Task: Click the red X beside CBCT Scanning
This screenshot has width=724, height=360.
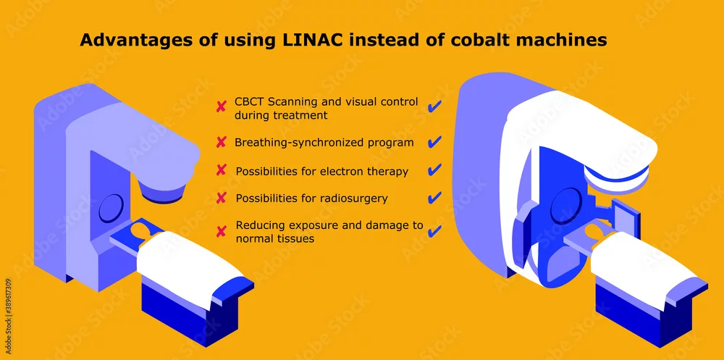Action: click(221, 108)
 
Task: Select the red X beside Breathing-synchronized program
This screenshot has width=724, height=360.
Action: click(221, 143)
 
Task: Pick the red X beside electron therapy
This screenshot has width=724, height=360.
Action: click(221, 170)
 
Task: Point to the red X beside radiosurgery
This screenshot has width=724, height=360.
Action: click(221, 198)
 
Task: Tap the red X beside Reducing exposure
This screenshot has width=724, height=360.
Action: click(221, 231)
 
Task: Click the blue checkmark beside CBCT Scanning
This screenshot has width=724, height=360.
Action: click(434, 106)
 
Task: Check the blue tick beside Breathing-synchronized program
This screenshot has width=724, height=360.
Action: click(434, 141)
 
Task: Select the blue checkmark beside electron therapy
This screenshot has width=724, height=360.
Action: click(434, 169)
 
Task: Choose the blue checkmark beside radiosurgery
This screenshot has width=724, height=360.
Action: click(434, 197)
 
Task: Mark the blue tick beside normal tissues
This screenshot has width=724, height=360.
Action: click(434, 230)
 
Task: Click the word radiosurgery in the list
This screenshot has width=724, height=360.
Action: click(353, 198)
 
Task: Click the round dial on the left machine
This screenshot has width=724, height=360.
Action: click(111, 207)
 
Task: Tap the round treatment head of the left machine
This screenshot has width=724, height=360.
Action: click(161, 191)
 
